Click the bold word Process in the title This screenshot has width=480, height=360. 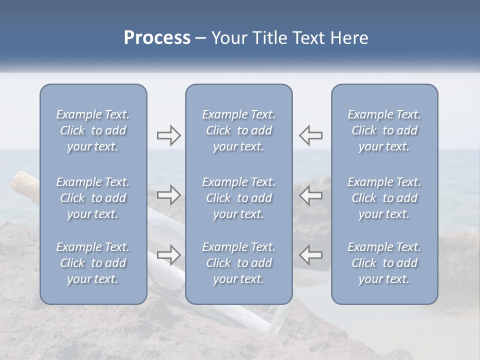(157, 38)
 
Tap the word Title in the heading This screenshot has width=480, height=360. (270, 38)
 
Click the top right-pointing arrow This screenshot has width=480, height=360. (168, 135)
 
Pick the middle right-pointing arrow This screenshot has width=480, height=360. (168, 194)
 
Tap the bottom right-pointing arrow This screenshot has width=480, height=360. (168, 254)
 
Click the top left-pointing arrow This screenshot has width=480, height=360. (311, 135)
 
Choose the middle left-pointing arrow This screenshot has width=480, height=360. (311, 194)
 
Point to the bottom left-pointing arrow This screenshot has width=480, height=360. (311, 254)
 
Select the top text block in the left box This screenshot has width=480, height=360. (93, 130)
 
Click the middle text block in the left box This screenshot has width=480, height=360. (93, 198)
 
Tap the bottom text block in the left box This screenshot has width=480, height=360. (93, 263)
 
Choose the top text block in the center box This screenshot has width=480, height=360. (239, 130)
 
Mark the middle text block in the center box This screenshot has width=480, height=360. (239, 198)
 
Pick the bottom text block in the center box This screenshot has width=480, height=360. (239, 263)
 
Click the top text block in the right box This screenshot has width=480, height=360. (384, 130)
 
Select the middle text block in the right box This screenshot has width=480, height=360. (384, 198)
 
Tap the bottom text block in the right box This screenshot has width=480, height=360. (384, 263)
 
